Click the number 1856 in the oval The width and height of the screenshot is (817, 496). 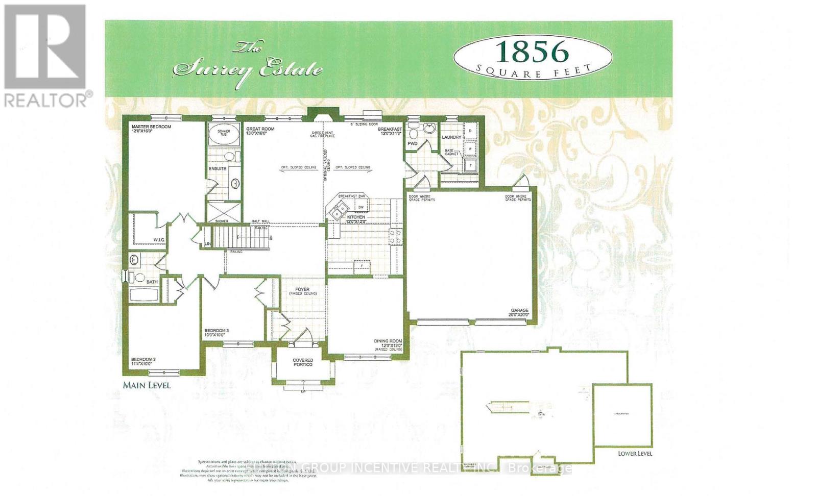533,52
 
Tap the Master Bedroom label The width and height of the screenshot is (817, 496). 151,127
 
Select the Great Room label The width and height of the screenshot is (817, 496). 260,129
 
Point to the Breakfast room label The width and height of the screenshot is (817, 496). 390,130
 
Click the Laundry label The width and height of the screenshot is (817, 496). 451,137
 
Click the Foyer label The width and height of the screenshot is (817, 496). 302,290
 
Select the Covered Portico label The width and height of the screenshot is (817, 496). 303,362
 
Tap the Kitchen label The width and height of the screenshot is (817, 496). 356,217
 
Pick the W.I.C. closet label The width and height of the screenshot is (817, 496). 158,240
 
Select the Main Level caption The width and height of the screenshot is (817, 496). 147,385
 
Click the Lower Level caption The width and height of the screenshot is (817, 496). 635,454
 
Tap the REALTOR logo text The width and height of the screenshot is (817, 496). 48,100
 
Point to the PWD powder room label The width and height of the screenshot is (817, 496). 412,144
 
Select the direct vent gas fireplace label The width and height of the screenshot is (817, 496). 323,135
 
